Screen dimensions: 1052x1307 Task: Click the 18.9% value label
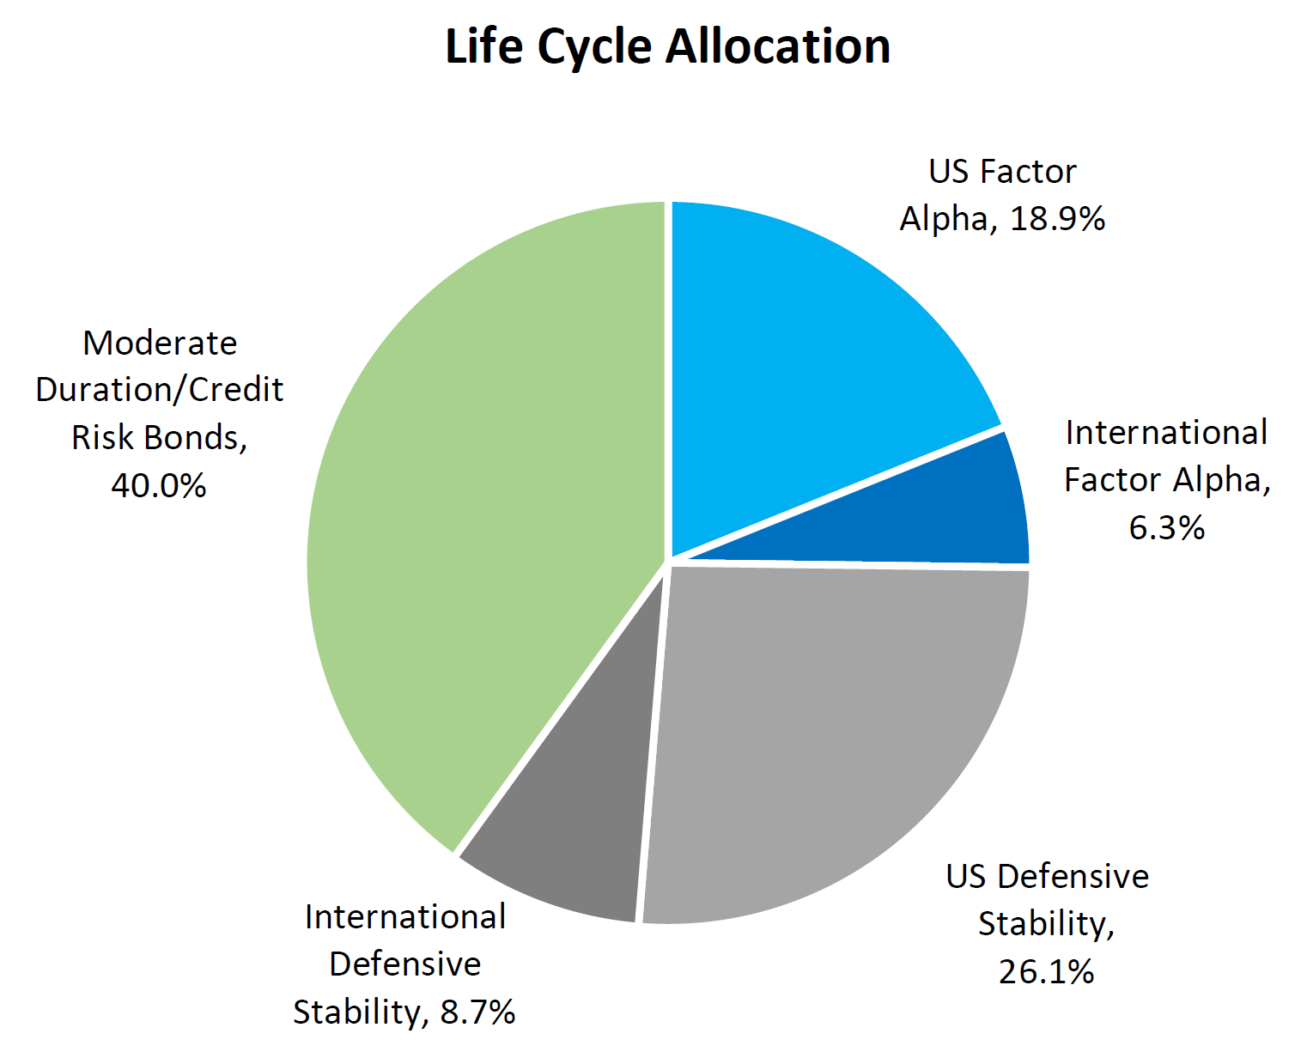click(x=1057, y=219)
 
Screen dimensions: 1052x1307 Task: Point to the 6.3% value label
click(x=1166, y=527)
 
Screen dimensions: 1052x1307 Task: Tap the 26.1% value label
click(x=1046, y=971)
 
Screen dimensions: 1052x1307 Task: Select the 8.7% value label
click(x=477, y=1012)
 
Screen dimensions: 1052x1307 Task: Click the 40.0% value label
click(x=159, y=485)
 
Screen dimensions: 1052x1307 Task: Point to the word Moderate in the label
click(x=160, y=344)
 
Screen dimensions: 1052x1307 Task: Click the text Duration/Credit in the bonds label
click(x=160, y=391)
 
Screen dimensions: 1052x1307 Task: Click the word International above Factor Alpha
click(x=1166, y=433)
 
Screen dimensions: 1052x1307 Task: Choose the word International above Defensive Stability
click(x=405, y=917)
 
